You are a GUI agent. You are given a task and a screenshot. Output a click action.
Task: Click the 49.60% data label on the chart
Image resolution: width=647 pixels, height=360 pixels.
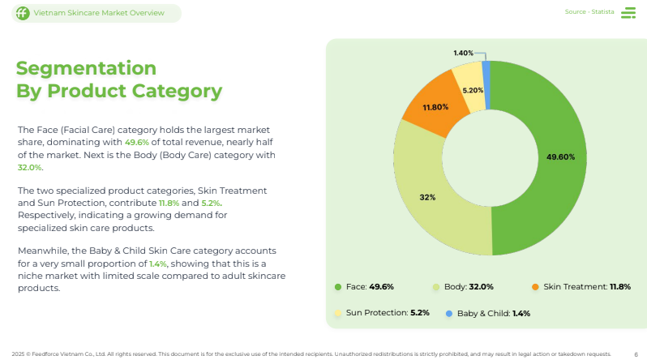[560, 156]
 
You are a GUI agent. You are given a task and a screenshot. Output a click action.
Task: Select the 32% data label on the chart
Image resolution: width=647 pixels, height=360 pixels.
[427, 197]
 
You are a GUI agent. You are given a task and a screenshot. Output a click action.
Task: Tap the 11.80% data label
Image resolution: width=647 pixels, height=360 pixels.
[435, 107]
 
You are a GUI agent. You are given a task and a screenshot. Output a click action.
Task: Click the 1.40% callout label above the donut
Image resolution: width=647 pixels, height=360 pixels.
[463, 53]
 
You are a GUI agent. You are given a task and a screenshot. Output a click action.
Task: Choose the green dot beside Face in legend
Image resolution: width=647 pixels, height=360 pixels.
[338, 287]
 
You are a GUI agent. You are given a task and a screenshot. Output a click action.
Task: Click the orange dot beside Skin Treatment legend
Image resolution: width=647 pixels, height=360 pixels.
[535, 287]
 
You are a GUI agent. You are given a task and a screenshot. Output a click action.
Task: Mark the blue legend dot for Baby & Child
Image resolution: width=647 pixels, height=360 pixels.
[448, 313]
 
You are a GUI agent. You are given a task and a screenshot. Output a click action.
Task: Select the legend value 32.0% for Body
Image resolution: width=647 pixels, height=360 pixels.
[481, 287]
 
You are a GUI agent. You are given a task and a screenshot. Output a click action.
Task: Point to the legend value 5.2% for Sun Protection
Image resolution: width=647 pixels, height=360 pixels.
[420, 313]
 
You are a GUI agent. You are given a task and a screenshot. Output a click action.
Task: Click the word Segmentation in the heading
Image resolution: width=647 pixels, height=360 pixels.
[87, 67]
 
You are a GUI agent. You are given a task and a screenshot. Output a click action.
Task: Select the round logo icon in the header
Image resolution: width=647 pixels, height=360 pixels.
[22, 13]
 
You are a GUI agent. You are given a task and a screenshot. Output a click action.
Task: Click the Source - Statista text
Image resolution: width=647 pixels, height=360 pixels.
[589, 12]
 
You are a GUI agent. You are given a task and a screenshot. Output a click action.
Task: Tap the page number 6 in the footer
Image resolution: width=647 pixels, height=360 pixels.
[636, 354]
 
